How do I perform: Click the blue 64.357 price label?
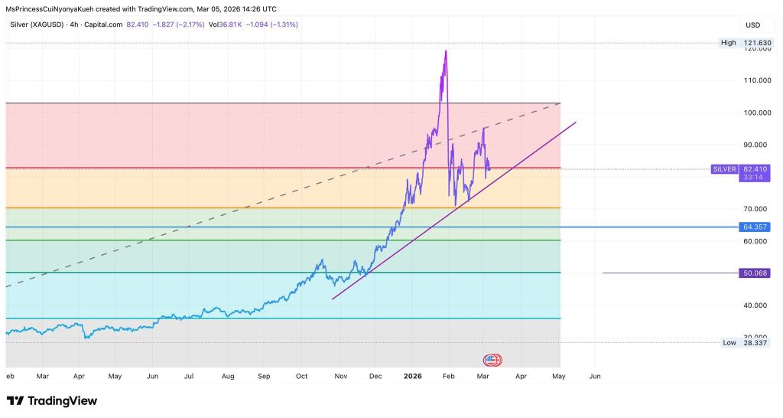(x=755, y=227)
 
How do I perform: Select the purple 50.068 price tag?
(x=755, y=273)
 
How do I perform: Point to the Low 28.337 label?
(x=745, y=342)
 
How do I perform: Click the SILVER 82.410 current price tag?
(x=740, y=169)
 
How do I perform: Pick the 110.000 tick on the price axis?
(x=758, y=80)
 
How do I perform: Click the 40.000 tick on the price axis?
(x=755, y=305)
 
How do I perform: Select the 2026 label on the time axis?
(x=413, y=376)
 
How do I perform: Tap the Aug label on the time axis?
(x=228, y=376)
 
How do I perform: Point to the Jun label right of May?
(x=595, y=376)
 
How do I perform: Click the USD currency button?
(x=752, y=25)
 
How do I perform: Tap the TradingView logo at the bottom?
(x=52, y=401)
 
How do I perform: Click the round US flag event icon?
(x=492, y=360)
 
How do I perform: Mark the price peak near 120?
(x=446, y=51)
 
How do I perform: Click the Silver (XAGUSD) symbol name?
(x=37, y=24)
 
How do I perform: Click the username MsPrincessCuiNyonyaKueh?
(x=50, y=9)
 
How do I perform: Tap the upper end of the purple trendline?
(x=576, y=122)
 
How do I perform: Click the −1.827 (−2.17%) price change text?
(x=178, y=24)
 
